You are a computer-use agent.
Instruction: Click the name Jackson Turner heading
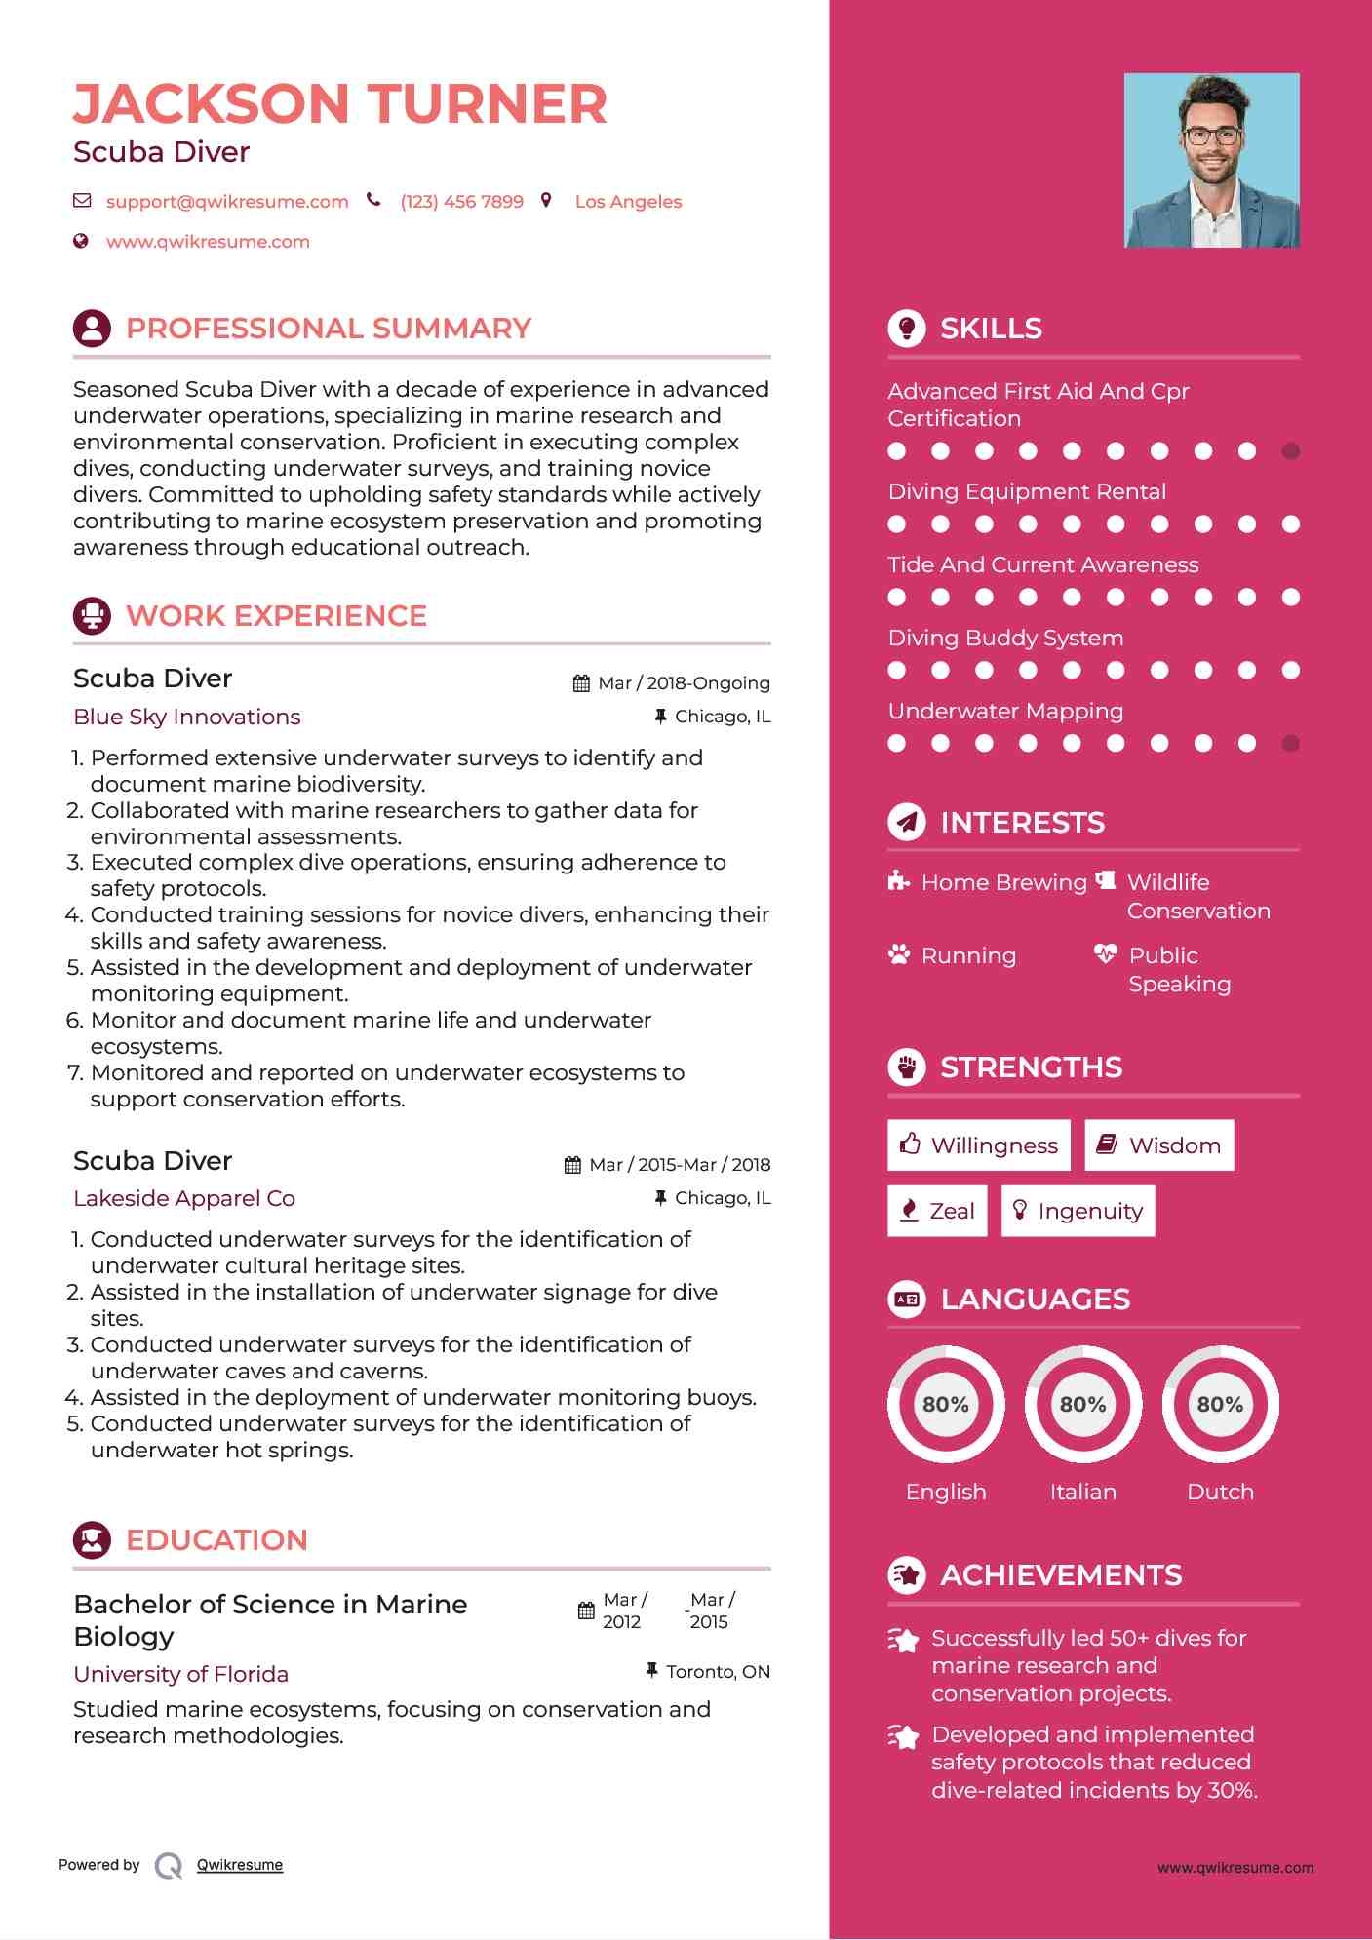pos(339,103)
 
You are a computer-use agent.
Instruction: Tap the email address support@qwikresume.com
pos(227,202)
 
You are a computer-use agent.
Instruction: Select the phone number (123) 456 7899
pos(461,202)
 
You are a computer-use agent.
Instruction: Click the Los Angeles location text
pos(628,202)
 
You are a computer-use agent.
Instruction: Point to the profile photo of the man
pos(1211,160)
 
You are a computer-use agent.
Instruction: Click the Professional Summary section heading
pos(329,329)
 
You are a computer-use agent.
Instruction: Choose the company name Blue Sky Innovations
pos(187,717)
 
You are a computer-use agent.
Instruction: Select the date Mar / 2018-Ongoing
pos(684,683)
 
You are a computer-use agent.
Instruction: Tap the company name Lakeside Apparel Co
pos(184,1198)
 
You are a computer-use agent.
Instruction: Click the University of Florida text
pos(181,1674)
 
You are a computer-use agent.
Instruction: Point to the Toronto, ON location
pos(718,1672)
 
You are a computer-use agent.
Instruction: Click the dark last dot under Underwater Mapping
pos(1290,744)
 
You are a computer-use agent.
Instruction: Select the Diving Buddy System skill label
pos(1005,638)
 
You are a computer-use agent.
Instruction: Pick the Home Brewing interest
pos(1003,882)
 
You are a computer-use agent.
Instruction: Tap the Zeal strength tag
pos(937,1211)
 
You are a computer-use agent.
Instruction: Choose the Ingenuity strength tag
pos(1078,1211)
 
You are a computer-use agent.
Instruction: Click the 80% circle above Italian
pos(1082,1404)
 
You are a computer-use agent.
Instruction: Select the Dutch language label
pos(1220,1492)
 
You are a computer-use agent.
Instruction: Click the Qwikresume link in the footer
pos(240,1865)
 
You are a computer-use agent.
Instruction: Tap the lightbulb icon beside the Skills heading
pos(907,329)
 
